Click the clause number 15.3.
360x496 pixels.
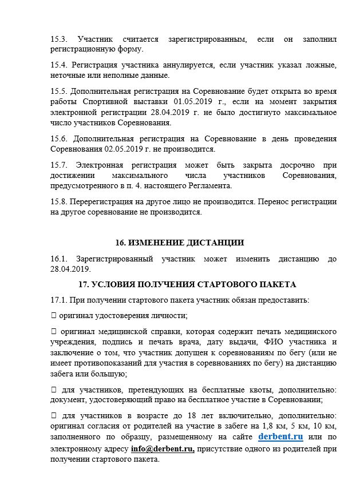point(59,39)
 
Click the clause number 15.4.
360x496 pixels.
point(59,65)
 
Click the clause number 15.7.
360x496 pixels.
point(59,165)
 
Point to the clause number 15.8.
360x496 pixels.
point(59,202)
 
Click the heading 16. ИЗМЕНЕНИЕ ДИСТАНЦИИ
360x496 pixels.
point(179,243)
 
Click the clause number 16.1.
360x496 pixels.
point(59,259)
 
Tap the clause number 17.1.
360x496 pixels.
point(59,300)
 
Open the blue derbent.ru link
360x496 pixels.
point(280,437)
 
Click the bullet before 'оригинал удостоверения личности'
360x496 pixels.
point(54,315)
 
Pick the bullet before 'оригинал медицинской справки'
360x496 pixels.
point(54,331)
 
